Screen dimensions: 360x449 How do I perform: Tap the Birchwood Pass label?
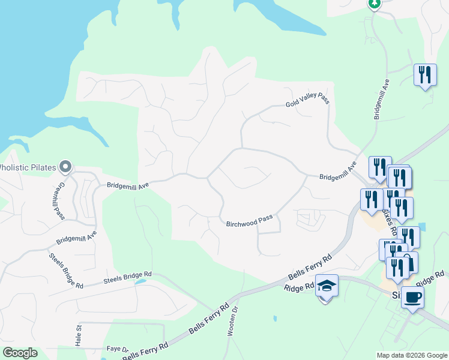point(249,221)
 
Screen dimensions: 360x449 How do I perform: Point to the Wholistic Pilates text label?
point(27,167)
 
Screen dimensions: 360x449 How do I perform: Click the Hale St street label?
point(78,336)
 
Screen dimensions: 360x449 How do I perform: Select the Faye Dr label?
point(117,349)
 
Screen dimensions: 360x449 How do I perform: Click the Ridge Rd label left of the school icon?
point(300,287)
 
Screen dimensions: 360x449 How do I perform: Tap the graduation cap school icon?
point(327,286)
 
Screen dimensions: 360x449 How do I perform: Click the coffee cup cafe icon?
point(412,296)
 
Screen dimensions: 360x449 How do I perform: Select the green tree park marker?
point(375,4)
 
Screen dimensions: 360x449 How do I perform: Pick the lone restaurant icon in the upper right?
point(425,75)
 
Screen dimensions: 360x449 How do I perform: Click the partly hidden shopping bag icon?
point(410,260)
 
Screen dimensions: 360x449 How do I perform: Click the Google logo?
point(20,353)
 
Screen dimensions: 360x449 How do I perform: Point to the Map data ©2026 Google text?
point(411,355)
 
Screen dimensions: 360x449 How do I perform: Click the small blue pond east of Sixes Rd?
point(423,227)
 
